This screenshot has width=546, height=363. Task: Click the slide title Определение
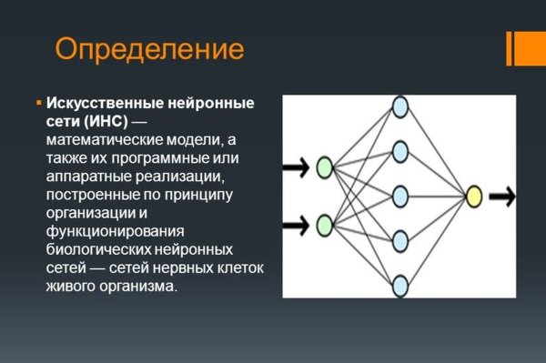coord(149,48)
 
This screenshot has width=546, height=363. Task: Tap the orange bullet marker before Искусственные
coord(38,103)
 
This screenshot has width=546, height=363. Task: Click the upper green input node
coord(324,167)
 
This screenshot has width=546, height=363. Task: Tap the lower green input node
coord(324,224)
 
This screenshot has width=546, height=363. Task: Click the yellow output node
coord(473,196)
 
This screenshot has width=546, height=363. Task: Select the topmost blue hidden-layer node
coord(399,106)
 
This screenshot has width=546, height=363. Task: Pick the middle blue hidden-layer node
coord(399,196)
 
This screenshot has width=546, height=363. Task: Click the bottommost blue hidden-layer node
coord(399,286)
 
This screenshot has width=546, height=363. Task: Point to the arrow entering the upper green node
coord(297,167)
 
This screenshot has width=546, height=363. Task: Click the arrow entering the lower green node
coord(297,224)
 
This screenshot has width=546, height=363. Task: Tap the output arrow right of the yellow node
coord(502,196)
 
